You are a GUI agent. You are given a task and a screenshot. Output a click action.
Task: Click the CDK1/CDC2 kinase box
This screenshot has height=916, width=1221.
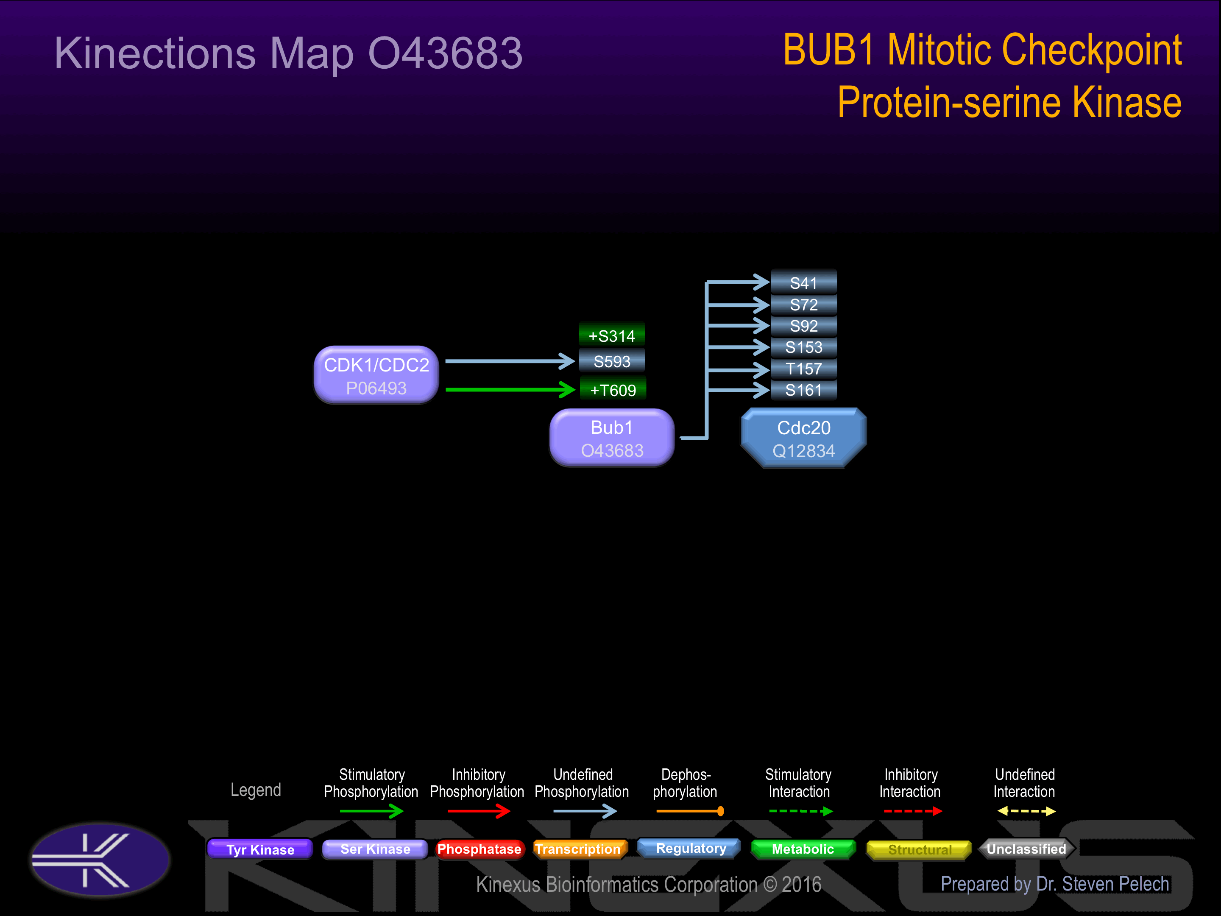pyautogui.click(x=376, y=375)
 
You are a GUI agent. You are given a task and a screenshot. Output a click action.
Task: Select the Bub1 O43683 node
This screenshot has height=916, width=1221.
pyautogui.click(x=612, y=438)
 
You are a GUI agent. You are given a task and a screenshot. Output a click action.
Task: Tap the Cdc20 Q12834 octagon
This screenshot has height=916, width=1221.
pyautogui.click(x=803, y=438)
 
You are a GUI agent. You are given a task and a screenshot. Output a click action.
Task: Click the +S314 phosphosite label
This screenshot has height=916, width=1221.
pyautogui.click(x=612, y=335)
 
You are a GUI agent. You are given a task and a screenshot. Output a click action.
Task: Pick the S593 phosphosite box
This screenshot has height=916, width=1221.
pyautogui.click(x=612, y=362)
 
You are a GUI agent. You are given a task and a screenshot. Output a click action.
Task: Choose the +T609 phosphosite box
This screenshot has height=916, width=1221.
pyautogui.click(x=613, y=390)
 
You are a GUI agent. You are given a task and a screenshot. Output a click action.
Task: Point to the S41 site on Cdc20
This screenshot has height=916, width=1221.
pyautogui.click(x=803, y=283)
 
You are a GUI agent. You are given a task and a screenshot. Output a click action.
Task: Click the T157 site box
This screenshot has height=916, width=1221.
pyautogui.click(x=803, y=369)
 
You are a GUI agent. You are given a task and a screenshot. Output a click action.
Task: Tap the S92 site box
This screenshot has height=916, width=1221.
pyautogui.click(x=803, y=326)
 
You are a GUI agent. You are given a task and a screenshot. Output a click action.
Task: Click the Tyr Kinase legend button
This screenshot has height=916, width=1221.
pyautogui.click(x=260, y=849)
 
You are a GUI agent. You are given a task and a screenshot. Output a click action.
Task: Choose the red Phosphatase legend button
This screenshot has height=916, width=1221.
pyautogui.click(x=479, y=849)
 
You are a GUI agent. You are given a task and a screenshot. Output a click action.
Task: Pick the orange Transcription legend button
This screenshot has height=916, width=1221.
pyautogui.click(x=578, y=849)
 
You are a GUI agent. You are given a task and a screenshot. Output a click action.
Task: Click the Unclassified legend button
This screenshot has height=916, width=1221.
pyautogui.click(x=1026, y=849)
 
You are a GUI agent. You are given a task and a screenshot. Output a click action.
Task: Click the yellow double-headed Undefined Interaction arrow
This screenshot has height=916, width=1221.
pyautogui.click(x=1026, y=811)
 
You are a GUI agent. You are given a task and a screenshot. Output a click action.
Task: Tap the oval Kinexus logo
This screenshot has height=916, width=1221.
pyautogui.click(x=100, y=860)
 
